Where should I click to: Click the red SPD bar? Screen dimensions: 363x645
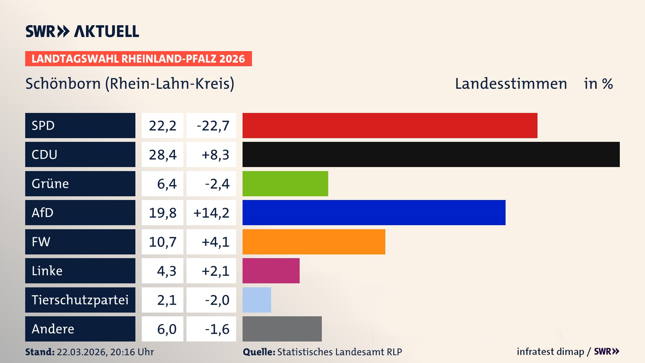[390, 125]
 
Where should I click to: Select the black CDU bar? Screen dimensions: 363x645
[431, 154]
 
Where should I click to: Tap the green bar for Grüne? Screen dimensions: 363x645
[285, 184]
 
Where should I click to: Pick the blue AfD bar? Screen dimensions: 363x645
[374, 212]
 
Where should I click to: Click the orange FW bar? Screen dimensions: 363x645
[314, 242]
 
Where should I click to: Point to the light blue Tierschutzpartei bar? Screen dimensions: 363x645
[257, 300]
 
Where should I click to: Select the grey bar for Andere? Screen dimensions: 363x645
[282, 329]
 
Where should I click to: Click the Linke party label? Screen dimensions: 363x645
[47, 271]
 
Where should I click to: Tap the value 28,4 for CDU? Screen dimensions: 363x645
[163, 155]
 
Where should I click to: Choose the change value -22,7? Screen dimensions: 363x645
[213, 126]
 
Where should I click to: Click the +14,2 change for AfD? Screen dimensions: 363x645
[211, 213]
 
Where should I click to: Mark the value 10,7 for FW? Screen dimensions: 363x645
[163, 242]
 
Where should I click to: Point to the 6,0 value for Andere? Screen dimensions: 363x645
[167, 329]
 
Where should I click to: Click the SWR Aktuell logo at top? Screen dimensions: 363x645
[82, 31]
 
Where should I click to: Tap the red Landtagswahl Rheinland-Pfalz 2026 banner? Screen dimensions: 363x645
[138, 59]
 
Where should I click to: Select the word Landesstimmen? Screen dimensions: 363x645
[511, 84]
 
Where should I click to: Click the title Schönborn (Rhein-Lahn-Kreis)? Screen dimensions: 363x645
[130, 84]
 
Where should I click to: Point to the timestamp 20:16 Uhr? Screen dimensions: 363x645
[132, 352]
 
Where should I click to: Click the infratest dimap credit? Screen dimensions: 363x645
[550, 352]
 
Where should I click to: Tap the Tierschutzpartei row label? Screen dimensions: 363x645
[80, 300]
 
